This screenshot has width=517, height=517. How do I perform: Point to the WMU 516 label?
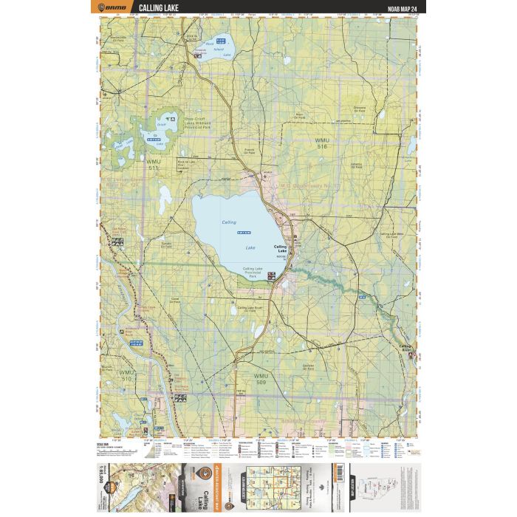(321, 143)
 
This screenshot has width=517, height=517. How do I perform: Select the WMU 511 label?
(153, 164)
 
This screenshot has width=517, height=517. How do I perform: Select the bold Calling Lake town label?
(280, 249)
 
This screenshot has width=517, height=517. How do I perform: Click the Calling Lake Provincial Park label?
(253, 273)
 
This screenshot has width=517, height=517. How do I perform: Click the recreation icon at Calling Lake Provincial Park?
(271, 275)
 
